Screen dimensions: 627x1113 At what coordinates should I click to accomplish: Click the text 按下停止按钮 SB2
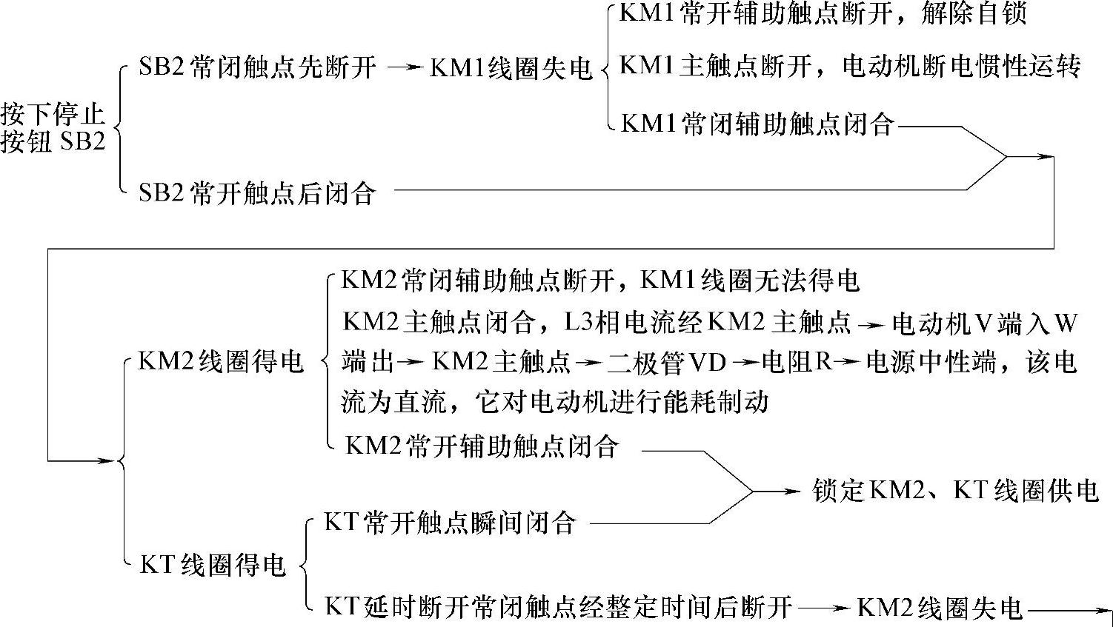[53, 127]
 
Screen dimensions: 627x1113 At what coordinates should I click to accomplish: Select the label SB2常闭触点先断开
[257, 68]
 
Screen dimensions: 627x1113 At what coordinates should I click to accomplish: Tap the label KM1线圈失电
[511, 68]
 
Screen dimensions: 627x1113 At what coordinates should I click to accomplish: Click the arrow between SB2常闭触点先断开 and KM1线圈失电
[404, 68]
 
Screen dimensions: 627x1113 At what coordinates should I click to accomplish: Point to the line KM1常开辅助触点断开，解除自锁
[823, 15]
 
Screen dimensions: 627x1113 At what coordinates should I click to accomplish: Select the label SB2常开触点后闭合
[257, 194]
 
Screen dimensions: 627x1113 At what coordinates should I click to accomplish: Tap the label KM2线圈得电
[221, 363]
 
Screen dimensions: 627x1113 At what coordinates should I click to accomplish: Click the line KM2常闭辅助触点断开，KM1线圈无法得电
[600, 281]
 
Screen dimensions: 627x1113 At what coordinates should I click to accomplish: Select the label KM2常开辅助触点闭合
[482, 446]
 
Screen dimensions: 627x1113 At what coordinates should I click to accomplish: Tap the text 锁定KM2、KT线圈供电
[955, 491]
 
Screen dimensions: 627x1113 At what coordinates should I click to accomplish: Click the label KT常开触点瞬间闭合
[451, 523]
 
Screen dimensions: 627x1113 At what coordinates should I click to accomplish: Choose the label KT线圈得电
[213, 566]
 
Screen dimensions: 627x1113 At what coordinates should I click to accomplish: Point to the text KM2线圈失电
[940, 608]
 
